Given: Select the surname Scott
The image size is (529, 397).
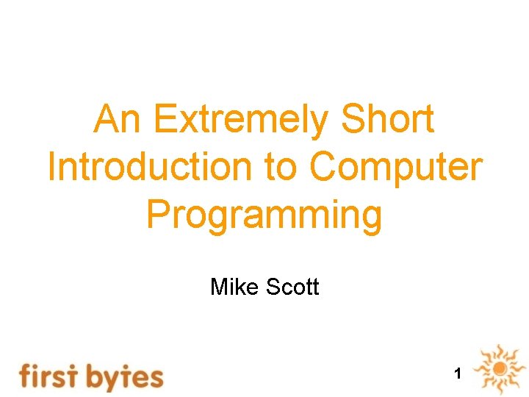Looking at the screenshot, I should pos(292,286).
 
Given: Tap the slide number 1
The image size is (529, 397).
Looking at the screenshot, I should pos(458,374).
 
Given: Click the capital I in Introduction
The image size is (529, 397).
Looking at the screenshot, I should pos(52,168).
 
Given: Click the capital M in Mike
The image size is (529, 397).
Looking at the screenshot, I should pos(218,286).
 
